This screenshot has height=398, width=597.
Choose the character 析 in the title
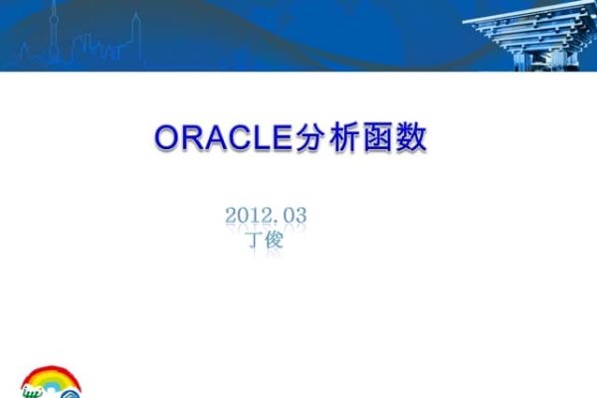pos(343,138)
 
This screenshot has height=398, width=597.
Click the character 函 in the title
pos(377,138)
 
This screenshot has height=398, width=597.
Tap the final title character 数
pos(411,138)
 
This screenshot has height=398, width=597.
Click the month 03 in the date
pos(296,214)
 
